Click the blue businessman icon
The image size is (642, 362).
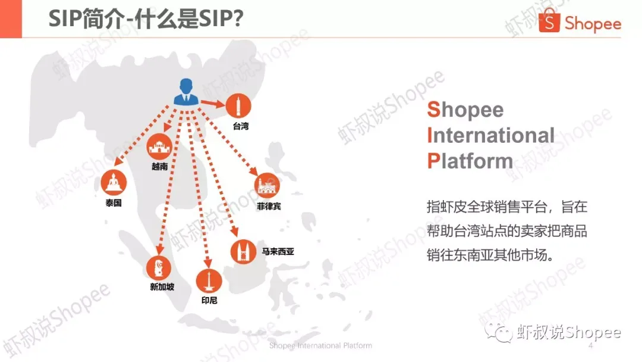(186, 92)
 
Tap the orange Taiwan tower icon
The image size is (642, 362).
(238, 106)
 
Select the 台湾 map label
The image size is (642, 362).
(241, 126)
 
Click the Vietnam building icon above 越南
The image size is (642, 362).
(159, 146)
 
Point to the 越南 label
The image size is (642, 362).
(160, 166)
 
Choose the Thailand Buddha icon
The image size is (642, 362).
(114, 182)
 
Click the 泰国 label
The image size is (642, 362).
(114, 202)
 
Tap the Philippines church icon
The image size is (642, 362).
(267, 185)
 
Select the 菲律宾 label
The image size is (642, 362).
(269, 206)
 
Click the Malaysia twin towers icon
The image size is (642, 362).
(243, 252)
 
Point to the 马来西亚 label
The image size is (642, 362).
(278, 251)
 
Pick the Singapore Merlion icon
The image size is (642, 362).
(159, 268)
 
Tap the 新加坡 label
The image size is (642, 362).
(162, 286)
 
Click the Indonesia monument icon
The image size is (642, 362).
(209, 282)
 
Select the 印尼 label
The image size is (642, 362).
(209, 300)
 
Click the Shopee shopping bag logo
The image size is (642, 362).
(549, 20)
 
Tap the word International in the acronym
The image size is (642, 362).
(490, 135)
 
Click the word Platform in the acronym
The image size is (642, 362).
(470, 161)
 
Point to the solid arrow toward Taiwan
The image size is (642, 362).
(212, 104)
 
